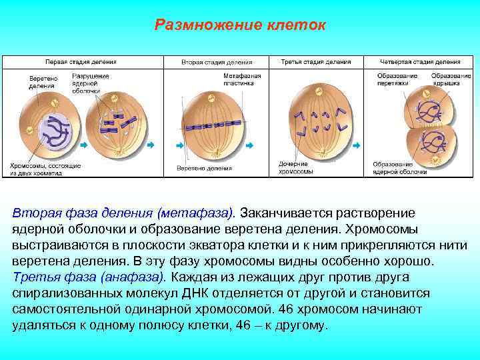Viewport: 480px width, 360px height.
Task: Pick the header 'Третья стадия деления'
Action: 316,61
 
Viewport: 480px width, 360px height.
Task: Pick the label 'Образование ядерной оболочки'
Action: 399,168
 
